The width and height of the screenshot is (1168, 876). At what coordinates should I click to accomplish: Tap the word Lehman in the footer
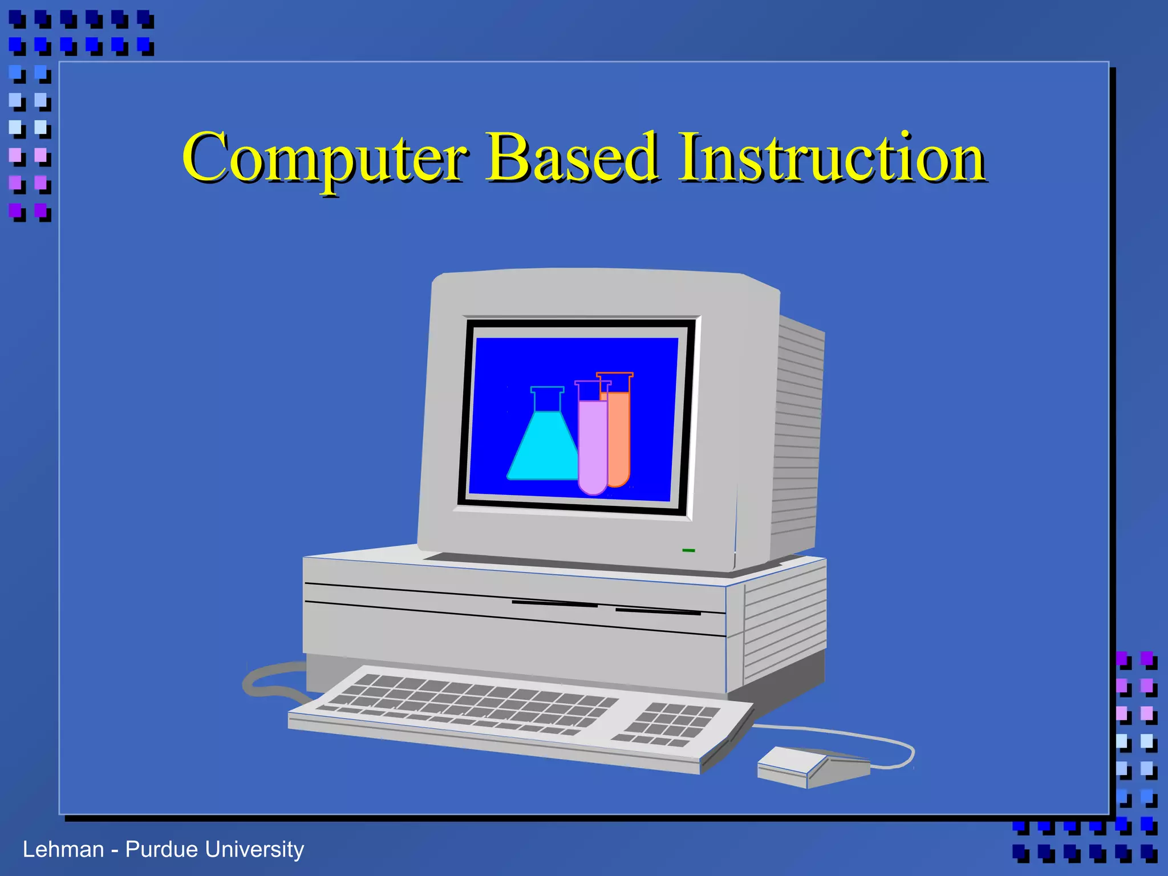(x=63, y=850)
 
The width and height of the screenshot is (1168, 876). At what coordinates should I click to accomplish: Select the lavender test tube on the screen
(x=592, y=445)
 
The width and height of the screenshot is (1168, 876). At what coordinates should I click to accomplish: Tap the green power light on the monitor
(x=688, y=550)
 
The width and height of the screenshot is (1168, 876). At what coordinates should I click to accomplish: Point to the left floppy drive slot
(x=554, y=603)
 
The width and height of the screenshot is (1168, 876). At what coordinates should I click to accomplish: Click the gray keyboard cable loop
(x=268, y=682)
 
